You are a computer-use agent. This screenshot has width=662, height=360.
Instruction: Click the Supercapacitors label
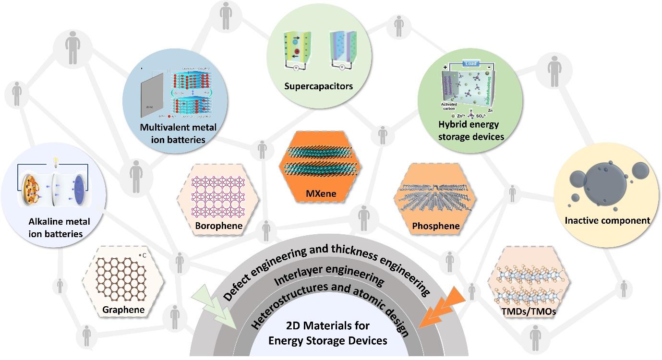318,86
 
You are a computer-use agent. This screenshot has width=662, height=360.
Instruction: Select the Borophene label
219,226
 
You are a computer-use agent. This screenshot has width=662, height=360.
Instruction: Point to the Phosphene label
435,226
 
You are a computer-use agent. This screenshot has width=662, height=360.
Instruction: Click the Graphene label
123,310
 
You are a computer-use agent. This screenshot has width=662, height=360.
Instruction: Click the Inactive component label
607,221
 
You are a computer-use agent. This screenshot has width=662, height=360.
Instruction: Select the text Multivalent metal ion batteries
178,133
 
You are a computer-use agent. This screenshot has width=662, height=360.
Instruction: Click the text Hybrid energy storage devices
468,131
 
